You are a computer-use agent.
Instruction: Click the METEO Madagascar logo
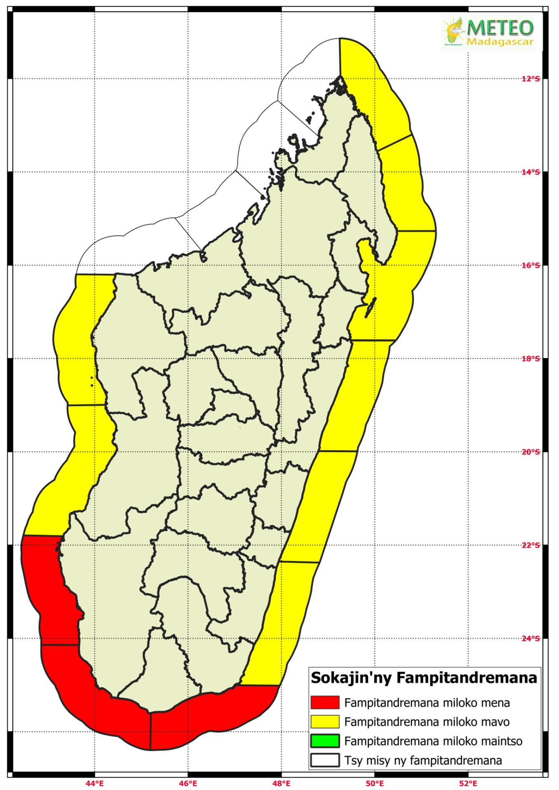487,32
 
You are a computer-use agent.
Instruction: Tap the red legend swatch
325,702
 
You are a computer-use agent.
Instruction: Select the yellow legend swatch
325,722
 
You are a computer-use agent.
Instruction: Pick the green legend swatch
325,741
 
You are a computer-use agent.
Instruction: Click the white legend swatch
325,760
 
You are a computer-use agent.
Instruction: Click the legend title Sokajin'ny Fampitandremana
424,678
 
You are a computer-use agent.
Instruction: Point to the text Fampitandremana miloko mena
427,703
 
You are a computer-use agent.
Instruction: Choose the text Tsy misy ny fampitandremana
423,761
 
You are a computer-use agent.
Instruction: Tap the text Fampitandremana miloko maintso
433,741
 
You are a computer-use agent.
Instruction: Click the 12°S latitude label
531,79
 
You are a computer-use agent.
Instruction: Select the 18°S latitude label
531,359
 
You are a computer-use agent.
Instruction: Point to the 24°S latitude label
531,639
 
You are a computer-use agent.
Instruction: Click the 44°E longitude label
95,783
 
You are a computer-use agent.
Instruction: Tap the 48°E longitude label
281,783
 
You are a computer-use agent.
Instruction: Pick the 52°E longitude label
468,783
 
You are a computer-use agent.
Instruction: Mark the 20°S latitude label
531,452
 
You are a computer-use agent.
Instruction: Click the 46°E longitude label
188,783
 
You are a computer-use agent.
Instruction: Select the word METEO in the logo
500,27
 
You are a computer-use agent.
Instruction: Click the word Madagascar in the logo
500,42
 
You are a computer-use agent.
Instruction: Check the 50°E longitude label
375,783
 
